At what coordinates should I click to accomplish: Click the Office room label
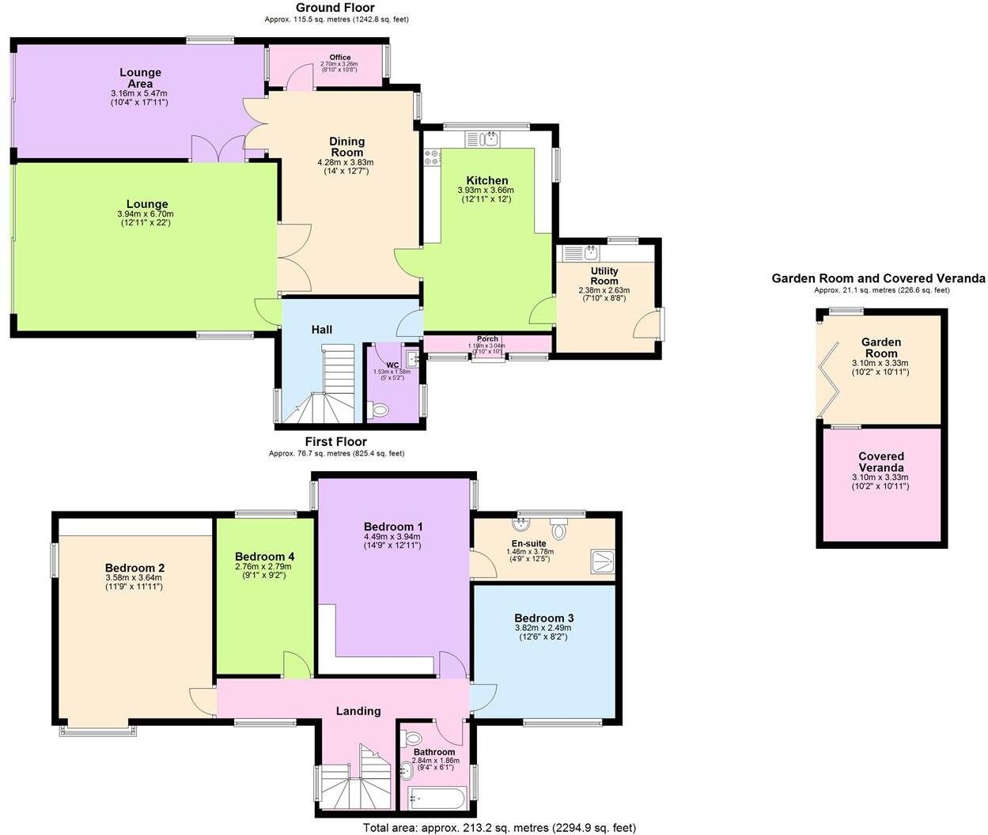point(340,58)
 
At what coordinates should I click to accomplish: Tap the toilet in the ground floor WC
point(380,410)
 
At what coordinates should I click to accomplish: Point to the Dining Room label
point(346,147)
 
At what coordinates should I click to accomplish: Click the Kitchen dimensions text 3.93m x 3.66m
point(486,191)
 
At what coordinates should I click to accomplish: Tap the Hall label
point(322,330)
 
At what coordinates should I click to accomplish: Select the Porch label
point(487,339)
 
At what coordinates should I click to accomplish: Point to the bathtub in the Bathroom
point(439,798)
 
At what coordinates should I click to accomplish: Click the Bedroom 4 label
point(264,556)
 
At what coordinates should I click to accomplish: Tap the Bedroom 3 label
point(543,618)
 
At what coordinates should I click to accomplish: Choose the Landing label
point(358,711)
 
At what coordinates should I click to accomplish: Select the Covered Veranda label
point(881,462)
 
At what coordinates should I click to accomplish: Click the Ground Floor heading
point(336,8)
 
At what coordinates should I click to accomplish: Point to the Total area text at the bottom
point(499,828)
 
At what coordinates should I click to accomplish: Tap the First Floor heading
point(336,441)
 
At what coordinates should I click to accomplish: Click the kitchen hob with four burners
point(433,157)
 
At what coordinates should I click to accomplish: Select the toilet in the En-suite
point(559,527)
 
